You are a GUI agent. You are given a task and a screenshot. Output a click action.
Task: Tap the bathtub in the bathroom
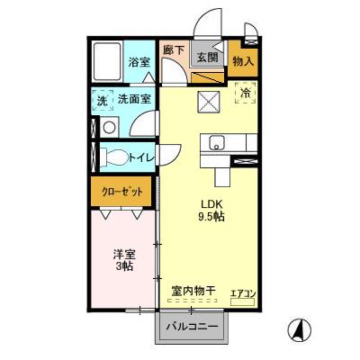point(108,62)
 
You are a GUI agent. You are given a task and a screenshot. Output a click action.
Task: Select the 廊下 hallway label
point(173,51)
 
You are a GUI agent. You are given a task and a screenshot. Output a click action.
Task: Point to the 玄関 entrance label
point(207,58)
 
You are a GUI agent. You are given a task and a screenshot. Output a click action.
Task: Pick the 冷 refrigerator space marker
point(244,90)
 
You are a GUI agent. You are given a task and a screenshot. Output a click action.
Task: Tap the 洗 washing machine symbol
point(101,101)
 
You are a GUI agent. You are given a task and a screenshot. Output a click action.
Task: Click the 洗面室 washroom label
point(134,100)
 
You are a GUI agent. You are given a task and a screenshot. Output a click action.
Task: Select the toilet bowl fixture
point(112,157)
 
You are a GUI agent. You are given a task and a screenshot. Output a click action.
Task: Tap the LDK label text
point(210,202)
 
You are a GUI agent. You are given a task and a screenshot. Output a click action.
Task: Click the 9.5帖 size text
point(211,216)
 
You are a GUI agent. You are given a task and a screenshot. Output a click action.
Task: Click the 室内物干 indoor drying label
point(193,291)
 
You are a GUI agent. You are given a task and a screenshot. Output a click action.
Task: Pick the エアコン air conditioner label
point(243,293)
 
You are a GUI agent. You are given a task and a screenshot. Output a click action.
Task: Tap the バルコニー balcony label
point(192,327)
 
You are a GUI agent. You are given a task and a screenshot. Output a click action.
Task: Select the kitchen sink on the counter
point(217,142)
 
